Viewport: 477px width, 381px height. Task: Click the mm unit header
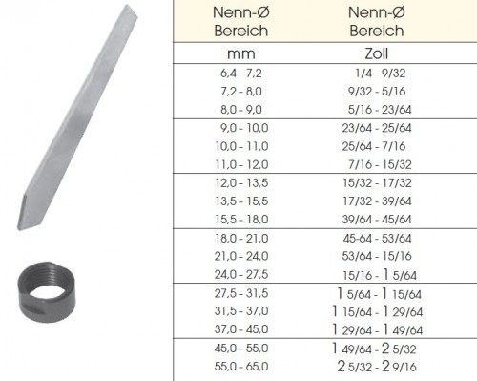pyautogui.click(x=241, y=53)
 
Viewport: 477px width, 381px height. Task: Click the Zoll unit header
pyautogui.click(x=377, y=53)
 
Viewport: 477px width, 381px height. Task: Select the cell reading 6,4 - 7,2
pyautogui.click(x=241, y=74)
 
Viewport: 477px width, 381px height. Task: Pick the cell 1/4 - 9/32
pyautogui.click(x=380, y=74)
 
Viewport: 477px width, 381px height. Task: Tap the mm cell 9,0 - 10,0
pyautogui.click(x=244, y=128)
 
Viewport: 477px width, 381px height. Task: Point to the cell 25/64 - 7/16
pyautogui.click(x=374, y=146)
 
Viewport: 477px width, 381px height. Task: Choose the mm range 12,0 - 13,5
pyautogui.click(x=241, y=183)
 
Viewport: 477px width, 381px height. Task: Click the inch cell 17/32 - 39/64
pyautogui.click(x=377, y=201)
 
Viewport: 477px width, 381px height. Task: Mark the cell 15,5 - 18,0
pyautogui.click(x=241, y=220)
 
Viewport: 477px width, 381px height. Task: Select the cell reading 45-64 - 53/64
pyautogui.click(x=377, y=239)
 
